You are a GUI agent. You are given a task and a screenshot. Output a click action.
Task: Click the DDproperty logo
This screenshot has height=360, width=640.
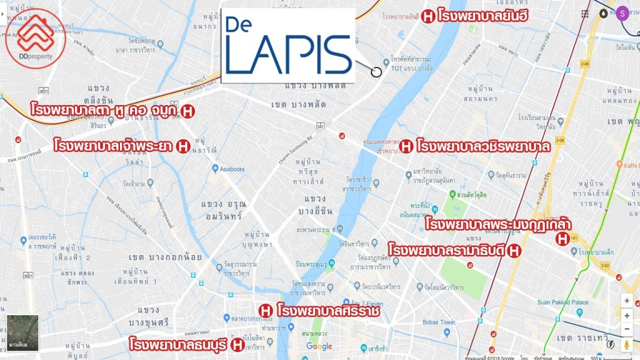coord(36,38)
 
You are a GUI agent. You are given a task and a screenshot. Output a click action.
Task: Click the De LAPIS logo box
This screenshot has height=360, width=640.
coord(288,46)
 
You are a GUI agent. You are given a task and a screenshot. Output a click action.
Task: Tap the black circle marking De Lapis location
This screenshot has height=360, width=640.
coord(376,71)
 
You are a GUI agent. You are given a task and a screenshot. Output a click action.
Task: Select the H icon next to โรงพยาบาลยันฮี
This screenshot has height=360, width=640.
coord(428,16)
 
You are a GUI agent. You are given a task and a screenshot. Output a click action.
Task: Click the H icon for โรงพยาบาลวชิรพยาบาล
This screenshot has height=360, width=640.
coord(406,147)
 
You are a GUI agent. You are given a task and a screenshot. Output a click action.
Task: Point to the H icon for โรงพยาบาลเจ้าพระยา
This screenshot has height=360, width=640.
coord(183,146)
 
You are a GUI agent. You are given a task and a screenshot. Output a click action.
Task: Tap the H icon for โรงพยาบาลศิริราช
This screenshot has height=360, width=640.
coord(265,310)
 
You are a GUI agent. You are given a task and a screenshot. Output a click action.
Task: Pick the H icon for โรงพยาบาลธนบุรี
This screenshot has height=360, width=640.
coord(237,344)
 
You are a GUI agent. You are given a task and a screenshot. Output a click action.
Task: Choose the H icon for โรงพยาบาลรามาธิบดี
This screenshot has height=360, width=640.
coord(514,251)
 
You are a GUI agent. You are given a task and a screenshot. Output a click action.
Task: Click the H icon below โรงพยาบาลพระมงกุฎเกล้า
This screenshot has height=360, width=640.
coord(562,238)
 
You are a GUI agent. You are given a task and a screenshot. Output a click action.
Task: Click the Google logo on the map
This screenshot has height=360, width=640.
coord(319,347)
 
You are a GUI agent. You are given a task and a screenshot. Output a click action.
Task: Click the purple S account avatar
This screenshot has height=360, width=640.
coord(622,12)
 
